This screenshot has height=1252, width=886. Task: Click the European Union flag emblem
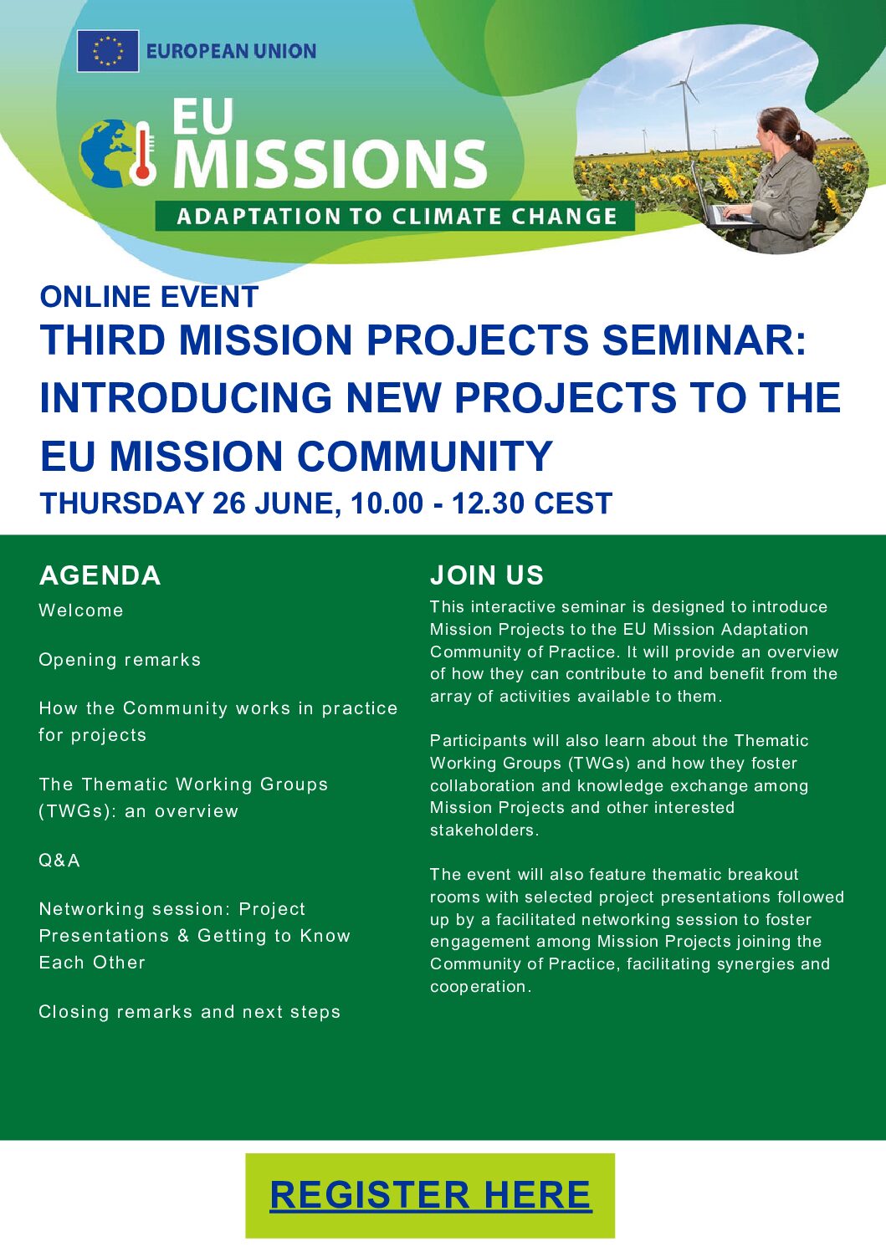[108, 51]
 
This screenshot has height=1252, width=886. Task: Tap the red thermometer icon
[142, 153]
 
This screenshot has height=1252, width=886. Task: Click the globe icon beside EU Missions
[106, 153]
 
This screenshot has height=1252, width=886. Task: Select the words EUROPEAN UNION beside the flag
[231, 51]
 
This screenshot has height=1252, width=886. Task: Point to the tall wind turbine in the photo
[684, 106]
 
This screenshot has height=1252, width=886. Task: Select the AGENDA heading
[100, 575]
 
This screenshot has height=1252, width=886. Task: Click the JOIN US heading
[487, 575]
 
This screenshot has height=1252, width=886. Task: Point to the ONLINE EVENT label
[149, 296]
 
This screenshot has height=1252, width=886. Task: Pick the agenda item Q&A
[59, 861]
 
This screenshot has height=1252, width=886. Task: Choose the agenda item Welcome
[81, 611]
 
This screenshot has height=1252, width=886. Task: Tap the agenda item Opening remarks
[120, 660]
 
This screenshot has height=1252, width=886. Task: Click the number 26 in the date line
[229, 503]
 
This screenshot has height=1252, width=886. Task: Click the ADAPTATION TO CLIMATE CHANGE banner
[395, 217]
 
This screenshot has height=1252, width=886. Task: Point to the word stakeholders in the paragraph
[484, 830]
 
